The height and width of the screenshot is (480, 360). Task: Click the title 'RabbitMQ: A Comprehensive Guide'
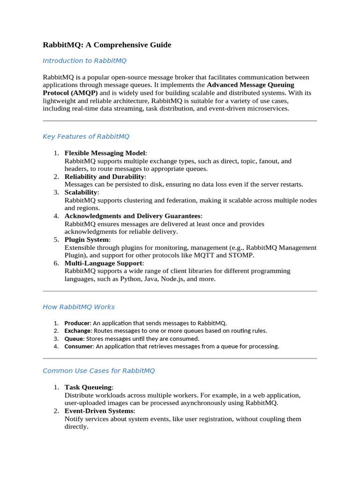[107, 45]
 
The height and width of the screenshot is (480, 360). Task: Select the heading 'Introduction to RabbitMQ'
[84, 60]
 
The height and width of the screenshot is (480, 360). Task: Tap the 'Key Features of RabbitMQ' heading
[86, 136]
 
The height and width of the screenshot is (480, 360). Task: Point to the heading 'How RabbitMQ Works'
[78, 307]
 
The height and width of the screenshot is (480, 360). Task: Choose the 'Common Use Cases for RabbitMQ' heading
[98, 371]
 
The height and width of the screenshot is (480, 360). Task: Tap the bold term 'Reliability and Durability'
[105, 177]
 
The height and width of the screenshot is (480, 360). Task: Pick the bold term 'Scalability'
[81, 193]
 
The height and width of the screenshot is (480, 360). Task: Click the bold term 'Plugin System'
[86, 240]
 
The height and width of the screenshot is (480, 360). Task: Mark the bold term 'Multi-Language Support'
[104, 263]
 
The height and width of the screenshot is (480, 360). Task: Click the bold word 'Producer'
[77, 323]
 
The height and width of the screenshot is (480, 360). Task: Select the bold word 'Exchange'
[77, 331]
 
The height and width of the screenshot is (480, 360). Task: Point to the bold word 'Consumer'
[78, 347]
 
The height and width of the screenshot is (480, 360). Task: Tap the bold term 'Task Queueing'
[88, 387]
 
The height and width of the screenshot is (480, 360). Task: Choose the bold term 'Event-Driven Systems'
[99, 411]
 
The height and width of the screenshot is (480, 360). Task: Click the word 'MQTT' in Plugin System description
[204, 255]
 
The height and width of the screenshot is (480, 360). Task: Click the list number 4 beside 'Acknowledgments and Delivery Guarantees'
[56, 216]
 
